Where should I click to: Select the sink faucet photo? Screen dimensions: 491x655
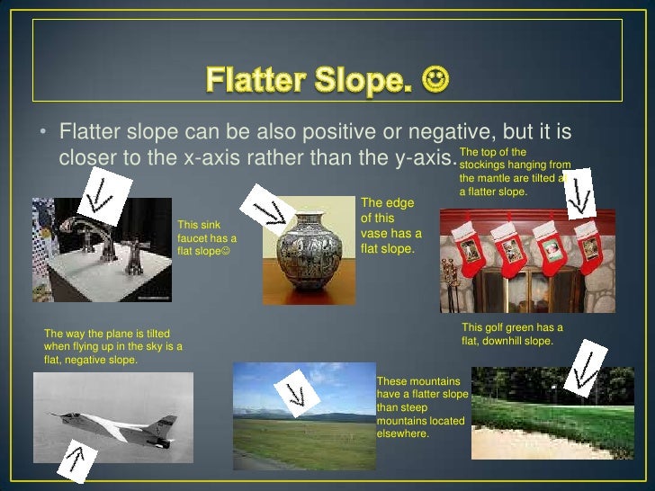pyautogui.click(x=101, y=251)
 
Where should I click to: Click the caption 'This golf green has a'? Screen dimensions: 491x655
pyautogui.click(x=512, y=327)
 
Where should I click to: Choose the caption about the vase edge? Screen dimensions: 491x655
pyautogui.click(x=390, y=225)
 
